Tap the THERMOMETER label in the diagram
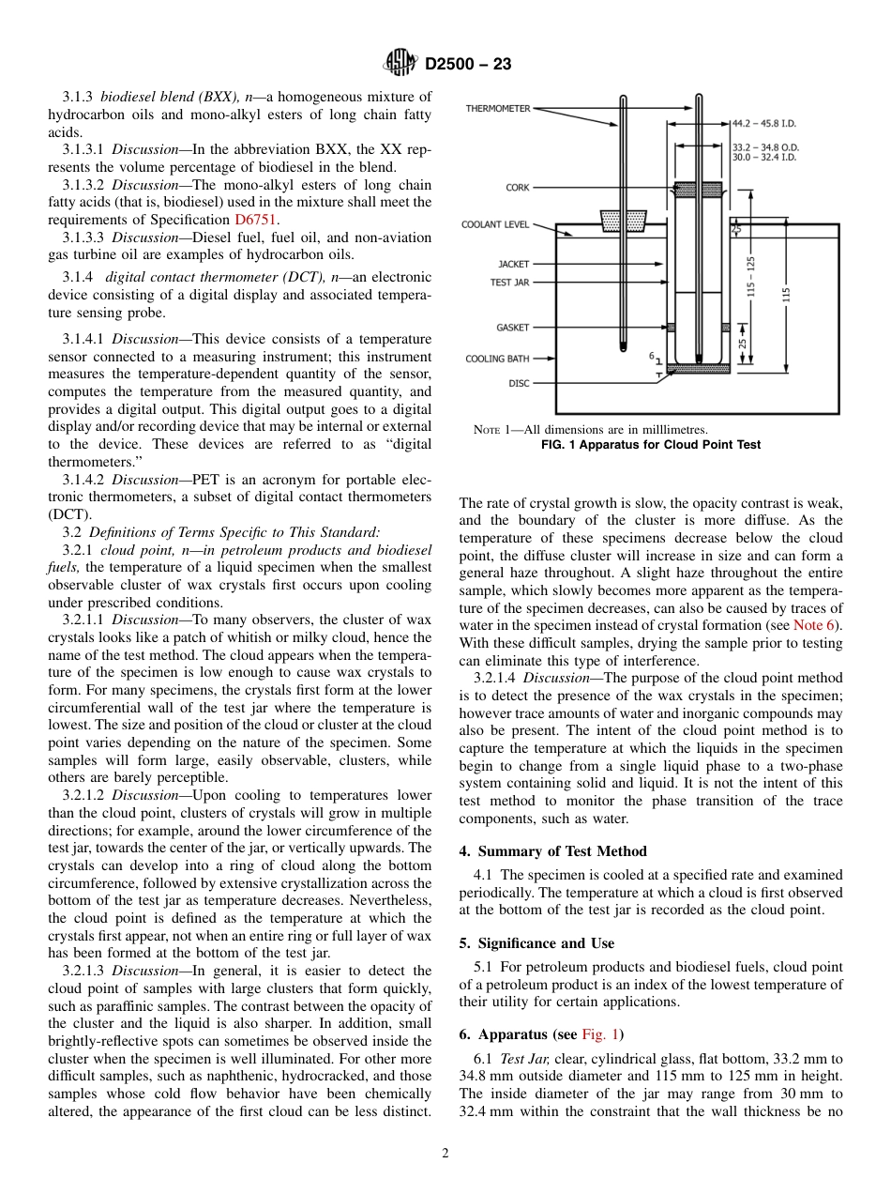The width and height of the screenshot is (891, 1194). (x=498, y=109)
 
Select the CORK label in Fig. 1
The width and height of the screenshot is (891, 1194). (x=517, y=188)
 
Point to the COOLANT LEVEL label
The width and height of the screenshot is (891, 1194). (x=495, y=225)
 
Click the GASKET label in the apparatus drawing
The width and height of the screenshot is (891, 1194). (x=512, y=328)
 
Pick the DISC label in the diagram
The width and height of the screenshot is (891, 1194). (x=519, y=383)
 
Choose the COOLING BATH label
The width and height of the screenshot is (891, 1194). (x=498, y=359)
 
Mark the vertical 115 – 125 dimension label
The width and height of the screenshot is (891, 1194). (x=751, y=278)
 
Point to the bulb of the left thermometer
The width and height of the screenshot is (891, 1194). (x=623, y=345)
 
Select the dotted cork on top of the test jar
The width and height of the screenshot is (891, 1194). (x=698, y=190)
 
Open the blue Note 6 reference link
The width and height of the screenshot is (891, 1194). (x=816, y=625)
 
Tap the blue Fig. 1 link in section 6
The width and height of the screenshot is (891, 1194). (x=600, y=1034)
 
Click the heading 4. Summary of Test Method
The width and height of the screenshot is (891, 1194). (x=552, y=851)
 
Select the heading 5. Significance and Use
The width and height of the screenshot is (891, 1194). (x=536, y=943)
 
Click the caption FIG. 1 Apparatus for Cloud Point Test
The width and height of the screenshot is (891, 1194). (x=651, y=445)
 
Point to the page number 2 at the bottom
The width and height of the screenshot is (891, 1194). (x=445, y=1154)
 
